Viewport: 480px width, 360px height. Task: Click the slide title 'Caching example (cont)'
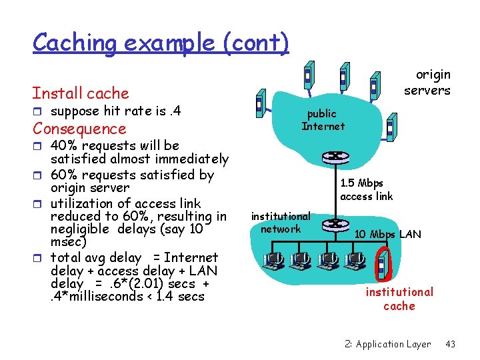click(x=161, y=43)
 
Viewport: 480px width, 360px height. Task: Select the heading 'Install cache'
click(x=81, y=93)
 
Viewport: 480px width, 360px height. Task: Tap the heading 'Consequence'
click(x=79, y=129)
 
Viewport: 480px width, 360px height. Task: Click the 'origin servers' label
click(x=427, y=83)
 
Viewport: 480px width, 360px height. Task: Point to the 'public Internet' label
click(x=323, y=120)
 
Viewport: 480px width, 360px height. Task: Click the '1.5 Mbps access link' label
click(x=366, y=189)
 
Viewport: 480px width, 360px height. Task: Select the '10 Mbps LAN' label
click(x=387, y=234)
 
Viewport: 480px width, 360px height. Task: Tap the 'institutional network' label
click(x=281, y=222)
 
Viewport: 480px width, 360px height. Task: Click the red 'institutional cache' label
click(x=399, y=299)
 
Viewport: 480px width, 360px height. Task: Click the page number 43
click(x=450, y=344)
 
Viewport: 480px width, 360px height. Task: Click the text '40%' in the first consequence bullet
click(x=65, y=145)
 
